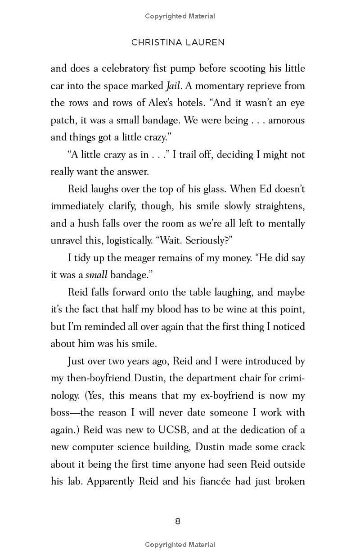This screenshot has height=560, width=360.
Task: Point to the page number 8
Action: (178, 521)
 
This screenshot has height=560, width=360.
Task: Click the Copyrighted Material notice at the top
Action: (180, 16)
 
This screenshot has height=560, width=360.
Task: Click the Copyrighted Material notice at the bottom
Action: (180, 545)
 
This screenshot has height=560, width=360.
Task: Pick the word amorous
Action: (287, 120)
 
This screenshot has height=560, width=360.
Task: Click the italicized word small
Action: (96, 275)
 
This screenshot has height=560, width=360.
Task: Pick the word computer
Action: (95, 447)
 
